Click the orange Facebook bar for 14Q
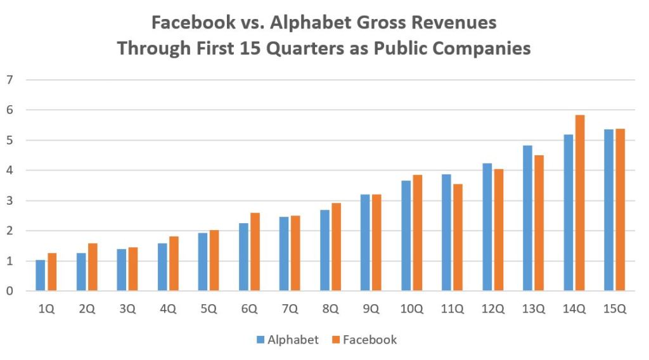pos(580,203)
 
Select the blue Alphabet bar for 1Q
pos(41,276)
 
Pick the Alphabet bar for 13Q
pos(527,218)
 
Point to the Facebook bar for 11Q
pos(458,238)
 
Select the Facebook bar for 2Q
pos(93,267)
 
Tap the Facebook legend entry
pos(364,340)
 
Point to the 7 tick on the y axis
pos(10,80)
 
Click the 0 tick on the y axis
pos(10,292)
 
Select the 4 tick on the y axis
pos(10,170)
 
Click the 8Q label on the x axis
pos(330,309)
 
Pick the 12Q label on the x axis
pos(492,309)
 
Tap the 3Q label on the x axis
pos(127,309)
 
